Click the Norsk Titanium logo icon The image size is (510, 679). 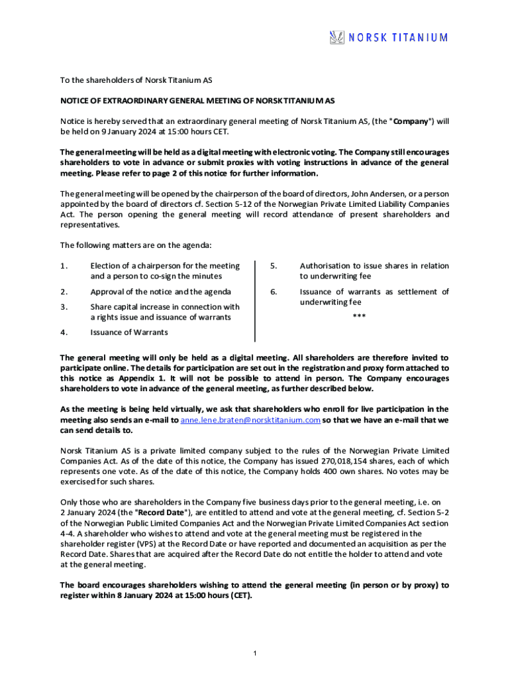point(337,38)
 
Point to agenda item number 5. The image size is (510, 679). point(272,266)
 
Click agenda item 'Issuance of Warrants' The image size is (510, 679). point(129,332)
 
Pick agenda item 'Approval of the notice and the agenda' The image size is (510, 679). point(161,292)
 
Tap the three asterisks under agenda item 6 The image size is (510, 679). point(359,316)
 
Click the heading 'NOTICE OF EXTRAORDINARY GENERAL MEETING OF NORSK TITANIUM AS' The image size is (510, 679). point(198,101)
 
